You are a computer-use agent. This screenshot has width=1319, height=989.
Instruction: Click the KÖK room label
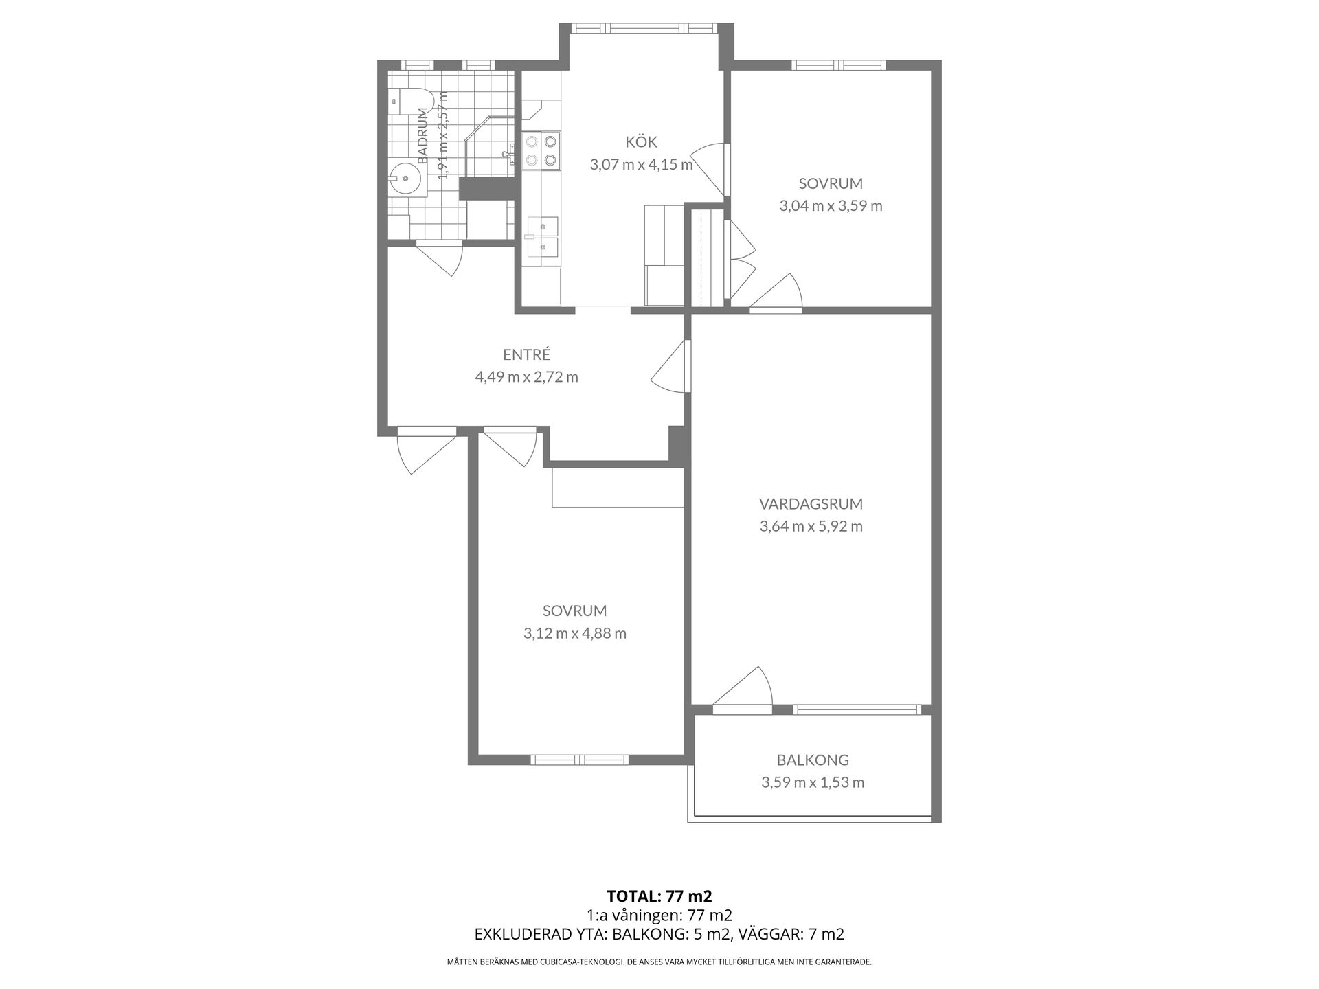coord(641,142)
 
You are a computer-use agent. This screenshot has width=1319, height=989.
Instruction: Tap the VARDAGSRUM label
coord(811,504)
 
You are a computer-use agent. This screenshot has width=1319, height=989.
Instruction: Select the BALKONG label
coord(813,760)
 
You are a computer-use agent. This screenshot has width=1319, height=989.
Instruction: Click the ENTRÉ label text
coord(527,354)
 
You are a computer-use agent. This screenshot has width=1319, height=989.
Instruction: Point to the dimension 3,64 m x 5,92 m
coord(811,527)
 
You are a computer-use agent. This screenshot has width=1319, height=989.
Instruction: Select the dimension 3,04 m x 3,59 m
coord(831,206)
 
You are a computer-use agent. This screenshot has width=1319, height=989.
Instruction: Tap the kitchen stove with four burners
coord(541,151)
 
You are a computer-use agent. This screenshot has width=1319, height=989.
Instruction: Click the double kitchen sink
coord(542,236)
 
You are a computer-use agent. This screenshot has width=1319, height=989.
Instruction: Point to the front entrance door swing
coord(427,451)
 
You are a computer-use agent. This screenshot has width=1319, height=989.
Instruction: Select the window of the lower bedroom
coord(580,760)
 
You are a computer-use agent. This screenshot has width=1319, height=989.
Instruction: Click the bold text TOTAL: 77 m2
coord(659,896)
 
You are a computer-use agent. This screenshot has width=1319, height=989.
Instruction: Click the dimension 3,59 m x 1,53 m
coord(813,783)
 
